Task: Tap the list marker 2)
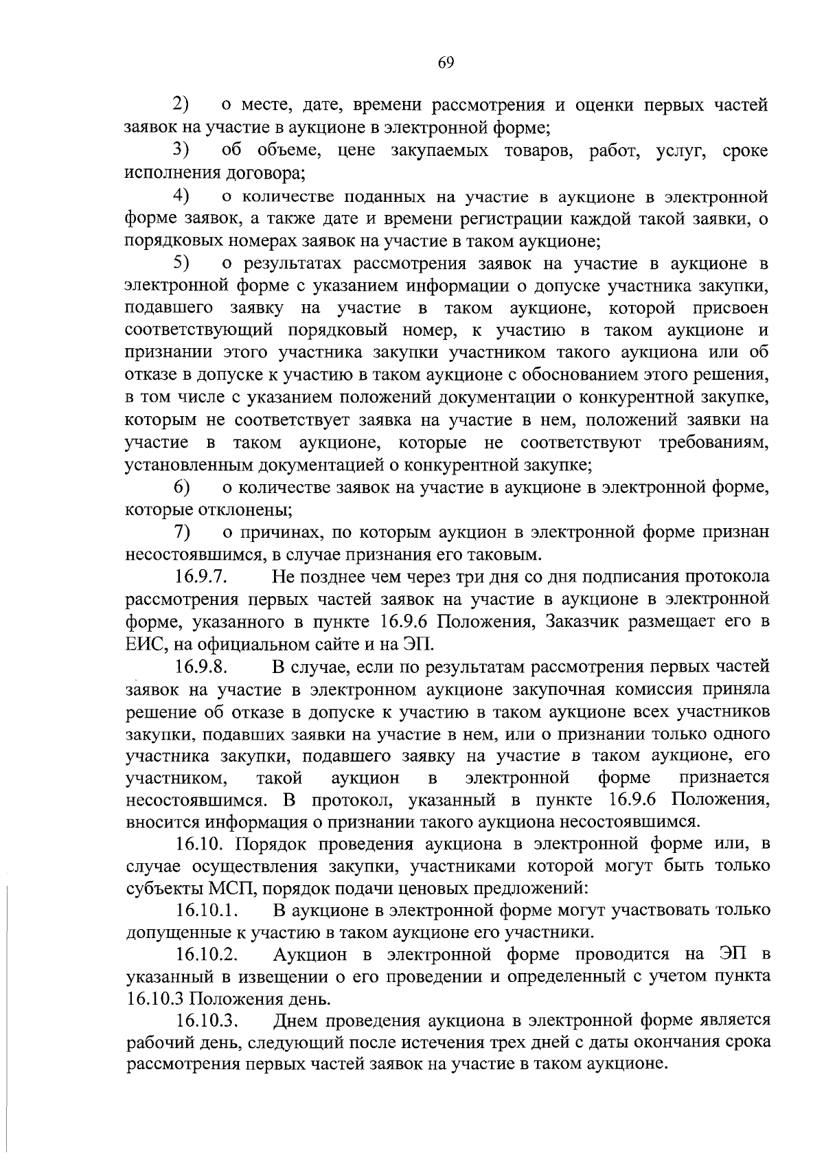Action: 181,105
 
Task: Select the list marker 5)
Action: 181,262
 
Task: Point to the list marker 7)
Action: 181,532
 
